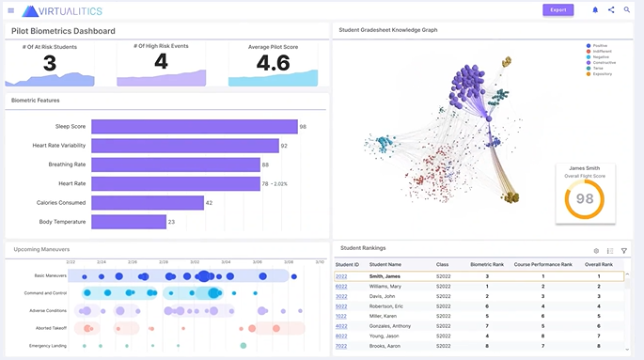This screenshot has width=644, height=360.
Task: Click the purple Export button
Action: [x=558, y=10]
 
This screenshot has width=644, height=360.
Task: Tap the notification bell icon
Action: [x=594, y=10]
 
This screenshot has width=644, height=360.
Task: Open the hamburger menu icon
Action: [x=10, y=10]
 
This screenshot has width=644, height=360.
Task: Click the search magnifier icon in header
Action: [x=627, y=10]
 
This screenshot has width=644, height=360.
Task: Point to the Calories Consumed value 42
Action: [x=210, y=203]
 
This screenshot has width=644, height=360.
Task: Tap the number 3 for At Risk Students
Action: [x=50, y=63]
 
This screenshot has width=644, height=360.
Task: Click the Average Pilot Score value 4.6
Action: [x=273, y=63]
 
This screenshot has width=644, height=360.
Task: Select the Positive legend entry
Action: [x=598, y=44]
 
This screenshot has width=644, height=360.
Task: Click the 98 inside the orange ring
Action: [x=584, y=199]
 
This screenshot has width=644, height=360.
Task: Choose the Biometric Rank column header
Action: [x=487, y=264]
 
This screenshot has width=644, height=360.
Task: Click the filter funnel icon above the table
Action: [x=623, y=251]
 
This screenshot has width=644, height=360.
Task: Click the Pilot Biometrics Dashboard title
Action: [x=63, y=31]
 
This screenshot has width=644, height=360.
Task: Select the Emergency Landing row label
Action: [x=49, y=346]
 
